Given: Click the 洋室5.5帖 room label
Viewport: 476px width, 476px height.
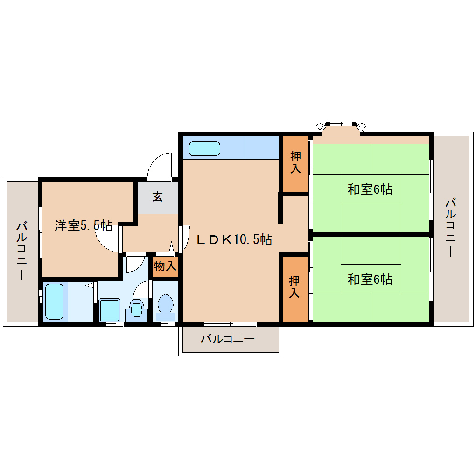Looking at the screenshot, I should pos(83,226).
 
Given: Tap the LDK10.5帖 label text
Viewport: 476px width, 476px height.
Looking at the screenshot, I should pos(234,240).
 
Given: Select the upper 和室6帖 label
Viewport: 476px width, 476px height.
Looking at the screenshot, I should pos(370,189).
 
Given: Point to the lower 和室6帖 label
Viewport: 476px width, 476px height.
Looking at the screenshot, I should pos(370,279).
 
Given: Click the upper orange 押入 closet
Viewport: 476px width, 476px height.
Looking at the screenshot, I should pos(295,163).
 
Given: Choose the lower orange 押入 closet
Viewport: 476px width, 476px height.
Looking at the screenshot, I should pos(294,287).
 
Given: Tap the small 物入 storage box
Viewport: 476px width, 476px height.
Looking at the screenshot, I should pos(165,266).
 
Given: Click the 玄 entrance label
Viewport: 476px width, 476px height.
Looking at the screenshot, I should pos(158,197).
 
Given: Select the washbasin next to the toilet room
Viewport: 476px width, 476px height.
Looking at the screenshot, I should pos(136,310).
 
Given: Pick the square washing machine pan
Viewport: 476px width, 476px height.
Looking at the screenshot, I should pos(110,310).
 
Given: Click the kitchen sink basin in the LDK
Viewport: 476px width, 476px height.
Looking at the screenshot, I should pos(204,149).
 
